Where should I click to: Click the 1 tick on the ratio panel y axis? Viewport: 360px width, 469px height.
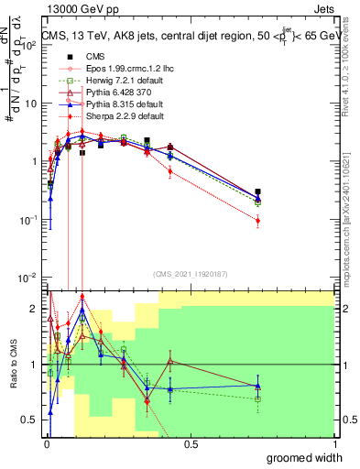(x=38, y=365)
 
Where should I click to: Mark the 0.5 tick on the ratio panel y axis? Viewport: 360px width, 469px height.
(x=33, y=419)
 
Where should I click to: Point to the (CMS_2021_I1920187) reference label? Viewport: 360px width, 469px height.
(x=190, y=273)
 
